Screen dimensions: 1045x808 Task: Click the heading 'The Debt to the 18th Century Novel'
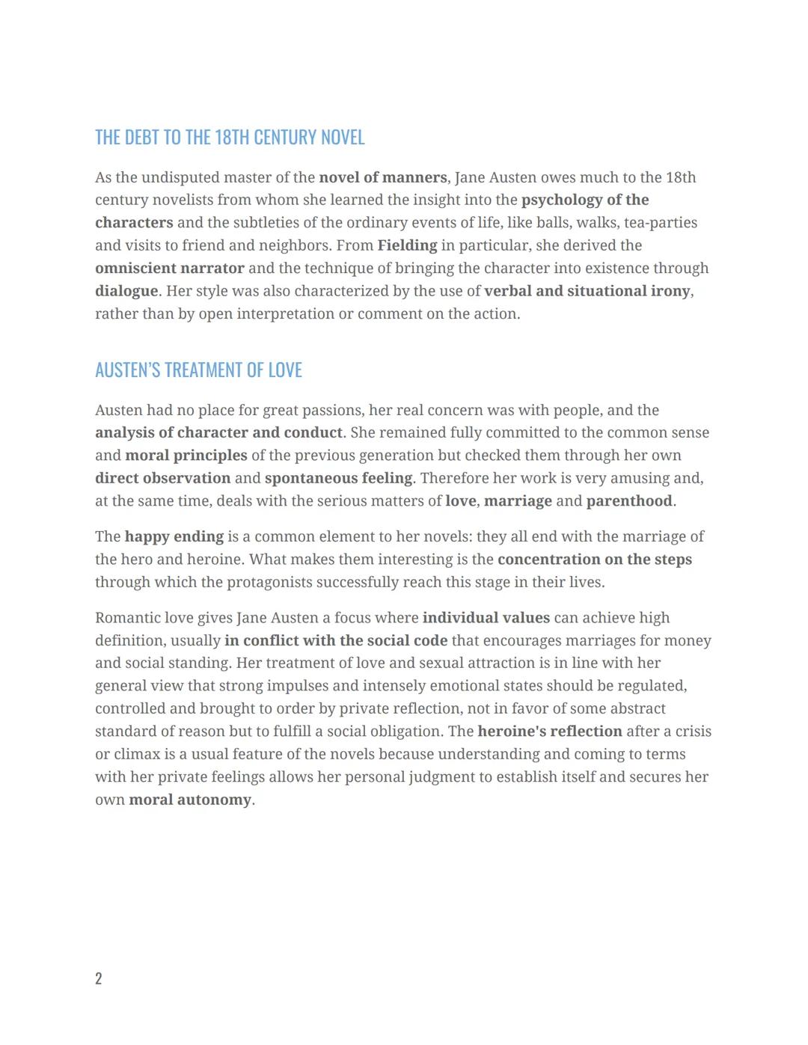pos(230,138)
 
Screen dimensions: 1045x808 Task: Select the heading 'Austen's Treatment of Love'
pos(198,370)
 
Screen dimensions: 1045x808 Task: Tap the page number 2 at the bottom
pos(99,978)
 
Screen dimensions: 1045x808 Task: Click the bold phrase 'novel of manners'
pos(382,178)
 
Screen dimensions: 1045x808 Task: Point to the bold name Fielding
pos(407,246)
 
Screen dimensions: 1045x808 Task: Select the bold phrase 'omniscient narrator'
pos(170,269)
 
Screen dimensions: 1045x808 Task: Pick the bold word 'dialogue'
pos(126,291)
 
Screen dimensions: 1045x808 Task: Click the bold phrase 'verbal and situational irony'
pos(587,291)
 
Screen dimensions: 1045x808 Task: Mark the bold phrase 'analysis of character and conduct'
pos(218,433)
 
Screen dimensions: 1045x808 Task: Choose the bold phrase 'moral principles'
pos(186,456)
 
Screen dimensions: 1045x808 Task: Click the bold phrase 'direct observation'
pos(162,478)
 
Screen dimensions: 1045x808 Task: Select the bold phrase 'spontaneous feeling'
pos(338,478)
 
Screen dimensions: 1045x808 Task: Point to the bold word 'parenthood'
pos(628,501)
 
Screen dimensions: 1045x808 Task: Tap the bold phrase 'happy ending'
pos(174,537)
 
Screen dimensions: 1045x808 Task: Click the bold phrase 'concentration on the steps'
pos(594,560)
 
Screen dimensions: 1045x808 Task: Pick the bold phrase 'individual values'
pos(486,618)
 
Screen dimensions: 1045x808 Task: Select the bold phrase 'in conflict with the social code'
pos(335,641)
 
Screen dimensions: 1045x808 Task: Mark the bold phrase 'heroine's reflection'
pos(549,732)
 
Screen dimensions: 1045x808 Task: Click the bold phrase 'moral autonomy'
pos(190,800)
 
